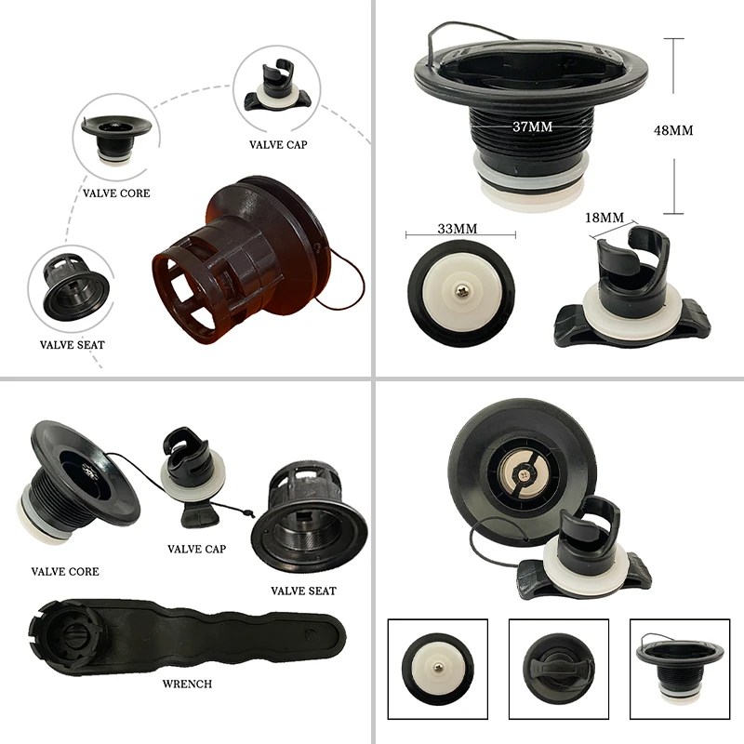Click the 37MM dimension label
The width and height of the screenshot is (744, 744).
[532, 126]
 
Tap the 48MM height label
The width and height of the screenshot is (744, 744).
[673, 130]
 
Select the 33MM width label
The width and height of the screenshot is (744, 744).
[458, 229]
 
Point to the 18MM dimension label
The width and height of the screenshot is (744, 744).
[604, 218]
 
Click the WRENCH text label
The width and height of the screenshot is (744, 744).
[187, 684]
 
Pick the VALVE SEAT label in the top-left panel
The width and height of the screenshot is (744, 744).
[73, 345]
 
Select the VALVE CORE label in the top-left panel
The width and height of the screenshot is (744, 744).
[116, 193]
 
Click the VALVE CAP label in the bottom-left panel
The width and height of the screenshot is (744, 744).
[196, 549]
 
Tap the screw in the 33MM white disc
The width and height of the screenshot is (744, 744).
[460, 291]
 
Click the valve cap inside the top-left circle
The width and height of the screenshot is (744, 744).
[277, 86]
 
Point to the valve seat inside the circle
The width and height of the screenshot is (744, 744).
[75, 287]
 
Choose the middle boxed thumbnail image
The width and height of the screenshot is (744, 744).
[559, 669]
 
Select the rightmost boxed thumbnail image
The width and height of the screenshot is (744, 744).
[680, 669]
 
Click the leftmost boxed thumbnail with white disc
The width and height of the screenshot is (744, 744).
[437, 669]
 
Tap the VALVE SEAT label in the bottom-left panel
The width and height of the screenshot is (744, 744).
[304, 591]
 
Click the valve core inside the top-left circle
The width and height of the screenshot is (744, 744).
[115, 139]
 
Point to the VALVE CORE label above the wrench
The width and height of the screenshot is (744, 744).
[65, 571]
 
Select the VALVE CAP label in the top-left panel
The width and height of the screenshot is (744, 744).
[278, 145]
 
